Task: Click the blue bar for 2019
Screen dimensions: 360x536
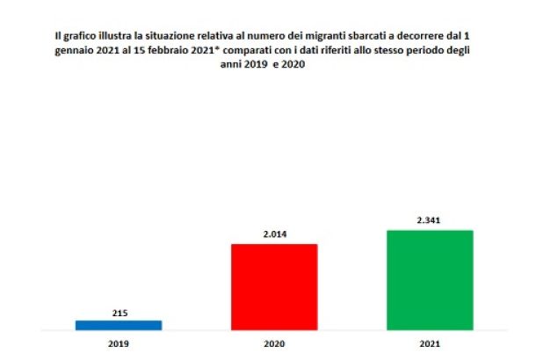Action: pyautogui.click(x=119, y=325)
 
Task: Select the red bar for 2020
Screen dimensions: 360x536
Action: pyautogui.click(x=274, y=287)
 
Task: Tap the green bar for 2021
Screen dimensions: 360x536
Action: pyautogui.click(x=430, y=280)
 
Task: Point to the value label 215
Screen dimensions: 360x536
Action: pyautogui.click(x=119, y=312)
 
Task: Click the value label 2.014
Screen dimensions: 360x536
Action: pyautogui.click(x=274, y=234)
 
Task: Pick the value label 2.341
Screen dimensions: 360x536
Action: pyautogui.click(x=430, y=221)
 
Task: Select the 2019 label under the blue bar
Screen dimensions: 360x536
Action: pyautogui.click(x=119, y=343)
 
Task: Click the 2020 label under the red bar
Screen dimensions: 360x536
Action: pyautogui.click(x=274, y=343)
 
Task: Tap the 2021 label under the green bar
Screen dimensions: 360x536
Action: pyautogui.click(x=430, y=343)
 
